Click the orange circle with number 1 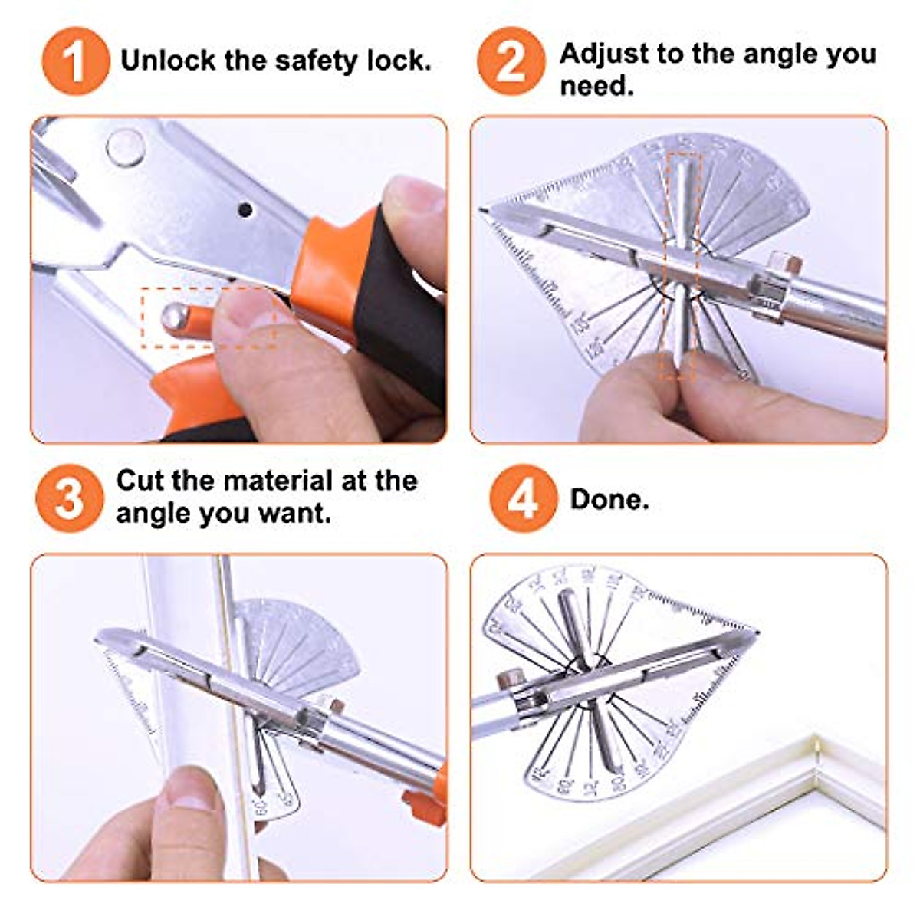(74, 61)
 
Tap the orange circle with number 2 (511, 61)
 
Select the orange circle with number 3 (69, 498)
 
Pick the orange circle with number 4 (523, 498)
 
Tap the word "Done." (609, 499)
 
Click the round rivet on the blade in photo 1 (125, 146)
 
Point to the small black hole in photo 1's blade (245, 209)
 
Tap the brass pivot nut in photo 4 (509, 678)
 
